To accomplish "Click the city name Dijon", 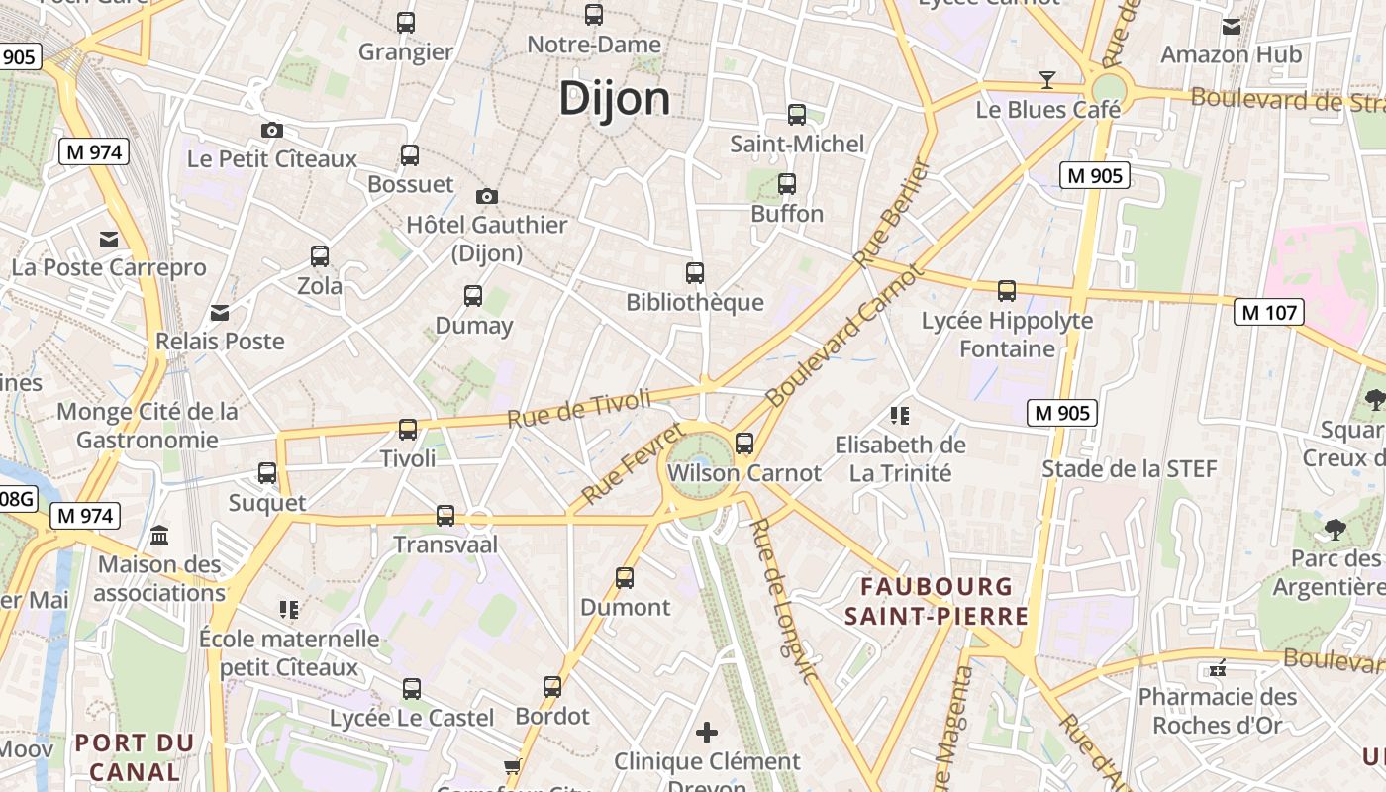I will point(614,99).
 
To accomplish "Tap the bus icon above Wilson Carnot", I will point(744,443).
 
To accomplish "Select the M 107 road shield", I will point(1269,313).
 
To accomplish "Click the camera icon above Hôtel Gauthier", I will point(486,196).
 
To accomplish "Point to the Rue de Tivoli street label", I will point(579,408).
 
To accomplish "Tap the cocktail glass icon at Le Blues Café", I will point(1046,79).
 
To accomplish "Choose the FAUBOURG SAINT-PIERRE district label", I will point(937,601).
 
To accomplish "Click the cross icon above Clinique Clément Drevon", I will point(707,733).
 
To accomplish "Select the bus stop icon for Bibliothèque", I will point(695,272).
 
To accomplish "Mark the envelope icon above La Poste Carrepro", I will point(109,239).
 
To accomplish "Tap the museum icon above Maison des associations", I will point(159,536).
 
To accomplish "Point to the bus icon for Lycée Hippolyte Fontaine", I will point(1007,291).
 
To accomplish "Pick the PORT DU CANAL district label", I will point(135,756).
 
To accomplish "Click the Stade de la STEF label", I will point(1129,468).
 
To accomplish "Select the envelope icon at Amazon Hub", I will point(1232,26).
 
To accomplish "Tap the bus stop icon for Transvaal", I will point(445,515).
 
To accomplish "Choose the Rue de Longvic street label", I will point(784,601).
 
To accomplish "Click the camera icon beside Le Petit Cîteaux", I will point(272,130).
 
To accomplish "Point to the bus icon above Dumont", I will point(625,577).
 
